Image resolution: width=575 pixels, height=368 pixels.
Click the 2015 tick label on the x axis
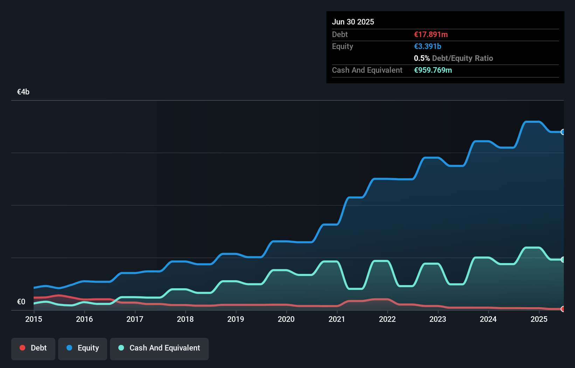coord(34,319)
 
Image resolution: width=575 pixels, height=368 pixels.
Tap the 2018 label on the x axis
coord(185,319)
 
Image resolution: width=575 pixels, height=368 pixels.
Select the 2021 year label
coord(337,319)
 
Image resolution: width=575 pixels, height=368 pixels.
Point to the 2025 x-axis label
coord(539,319)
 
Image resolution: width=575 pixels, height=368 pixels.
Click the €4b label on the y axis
coord(23,92)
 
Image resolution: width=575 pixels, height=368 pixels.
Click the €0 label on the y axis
coord(21,302)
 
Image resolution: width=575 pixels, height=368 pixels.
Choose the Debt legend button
coord(33,348)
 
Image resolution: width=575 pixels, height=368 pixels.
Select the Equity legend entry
coord(83,348)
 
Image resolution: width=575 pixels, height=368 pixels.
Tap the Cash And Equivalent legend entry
coord(159,348)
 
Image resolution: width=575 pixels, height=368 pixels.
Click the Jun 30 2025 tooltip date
coord(353,22)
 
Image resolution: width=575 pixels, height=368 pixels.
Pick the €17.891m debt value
coord(431,34)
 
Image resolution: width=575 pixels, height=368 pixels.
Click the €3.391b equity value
coord(428,46)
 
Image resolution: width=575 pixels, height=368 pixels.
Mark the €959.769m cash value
coord(433,70)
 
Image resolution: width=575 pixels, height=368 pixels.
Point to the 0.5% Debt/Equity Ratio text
coord(453,58)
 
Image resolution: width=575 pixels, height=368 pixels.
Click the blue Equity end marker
coord(563,132)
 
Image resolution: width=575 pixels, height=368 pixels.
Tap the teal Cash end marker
coord(563,260)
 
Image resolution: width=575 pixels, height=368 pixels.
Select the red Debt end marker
coord(563,309)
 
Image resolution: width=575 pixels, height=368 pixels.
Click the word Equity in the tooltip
coord(342,46)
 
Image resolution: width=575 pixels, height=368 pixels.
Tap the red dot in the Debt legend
coord(22,348)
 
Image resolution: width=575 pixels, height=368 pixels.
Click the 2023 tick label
coord(438,319)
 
